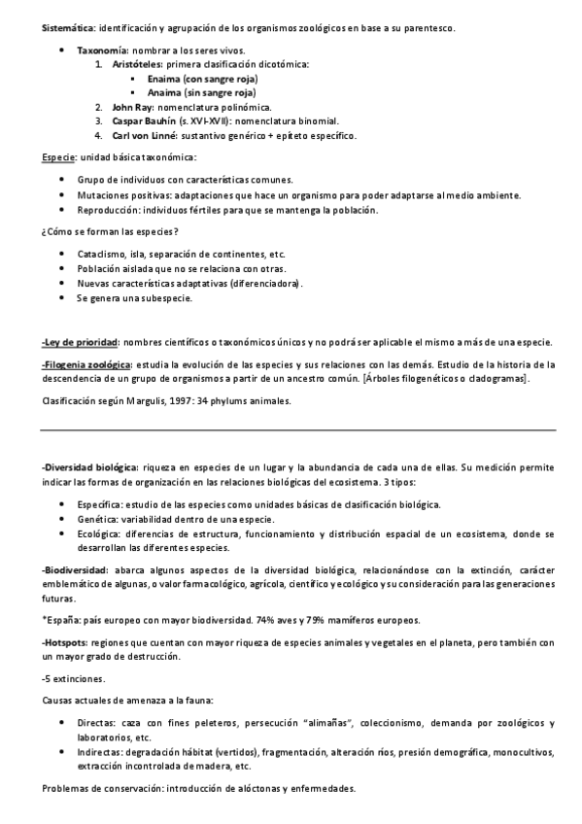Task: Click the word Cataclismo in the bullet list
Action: point(100,254)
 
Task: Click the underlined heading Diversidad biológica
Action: point(92,468)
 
